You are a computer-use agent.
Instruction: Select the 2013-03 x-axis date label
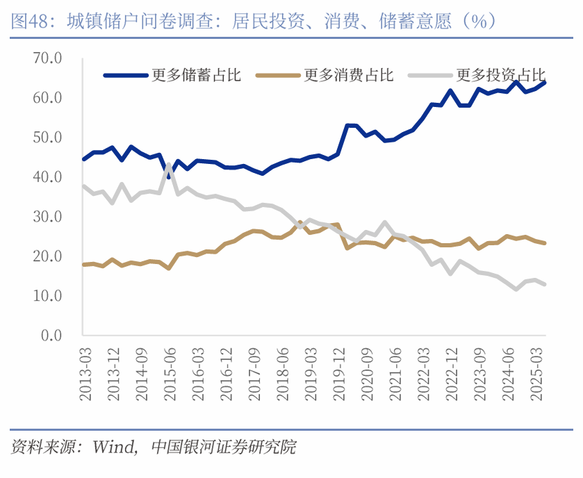(x=85, y=376)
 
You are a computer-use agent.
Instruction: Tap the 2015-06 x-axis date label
(x=170, y=376)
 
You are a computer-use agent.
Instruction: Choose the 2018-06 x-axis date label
(x=282, y=376)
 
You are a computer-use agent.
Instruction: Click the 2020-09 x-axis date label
(x=367, y=376)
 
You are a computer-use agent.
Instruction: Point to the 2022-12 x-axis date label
(x=452, y=376)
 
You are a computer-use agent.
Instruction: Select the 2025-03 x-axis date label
(x=536, y=376)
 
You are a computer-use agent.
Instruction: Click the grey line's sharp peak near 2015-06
(x=169, y=165)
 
